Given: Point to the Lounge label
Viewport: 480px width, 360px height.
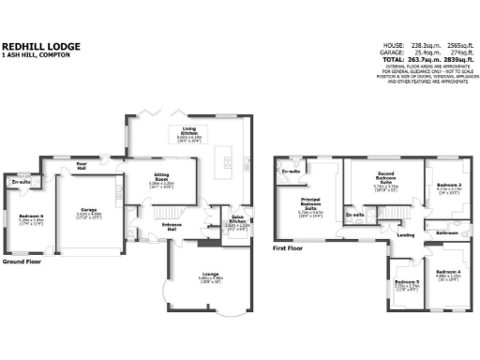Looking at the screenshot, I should click(210, 274).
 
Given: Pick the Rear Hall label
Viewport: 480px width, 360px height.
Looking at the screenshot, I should click(82, 165).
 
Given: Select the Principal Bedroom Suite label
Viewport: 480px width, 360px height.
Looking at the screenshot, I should click(311, 205).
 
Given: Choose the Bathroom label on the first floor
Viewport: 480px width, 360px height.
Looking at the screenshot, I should click(446, 231).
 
